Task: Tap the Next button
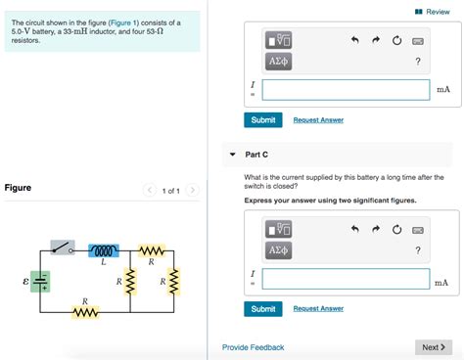click(x=433, y=347)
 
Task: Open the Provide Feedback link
click(x=253, y=347)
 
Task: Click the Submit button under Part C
click(x=262, y=308)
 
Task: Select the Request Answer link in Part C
click(x=318, y=308)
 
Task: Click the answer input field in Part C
click(x=346, y=278)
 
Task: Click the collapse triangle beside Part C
click(x=232, y=155)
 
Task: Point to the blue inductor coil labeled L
click(x=103, y=250)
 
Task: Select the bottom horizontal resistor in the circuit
click(x=85, y=312)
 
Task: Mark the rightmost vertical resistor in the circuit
click(x=174, y=282)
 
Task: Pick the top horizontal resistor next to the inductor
click(x=151, y=250)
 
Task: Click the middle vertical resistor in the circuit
click(x=129, y=282)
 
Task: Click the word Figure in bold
click(x=18, y=188)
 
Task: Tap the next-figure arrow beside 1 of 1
click(x=193, y=190)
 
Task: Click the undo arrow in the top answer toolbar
click(x=355, y=41)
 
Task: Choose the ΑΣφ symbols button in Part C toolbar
click(x=278, y=250)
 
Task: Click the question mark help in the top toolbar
click(x=418, y=63)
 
